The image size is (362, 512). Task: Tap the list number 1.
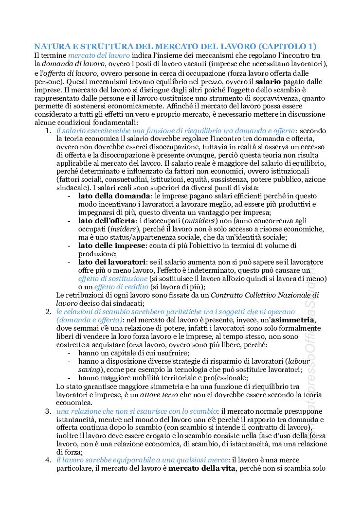[x=48, y=131]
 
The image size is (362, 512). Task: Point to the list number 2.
[x=48, y=311]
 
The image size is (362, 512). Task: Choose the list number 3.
[x=48, y=411]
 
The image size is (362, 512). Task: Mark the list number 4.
[x=48, y=459]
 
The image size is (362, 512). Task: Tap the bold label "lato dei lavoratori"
[x=112, y=262]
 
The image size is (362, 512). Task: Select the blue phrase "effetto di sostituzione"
[x=113, y=279]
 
